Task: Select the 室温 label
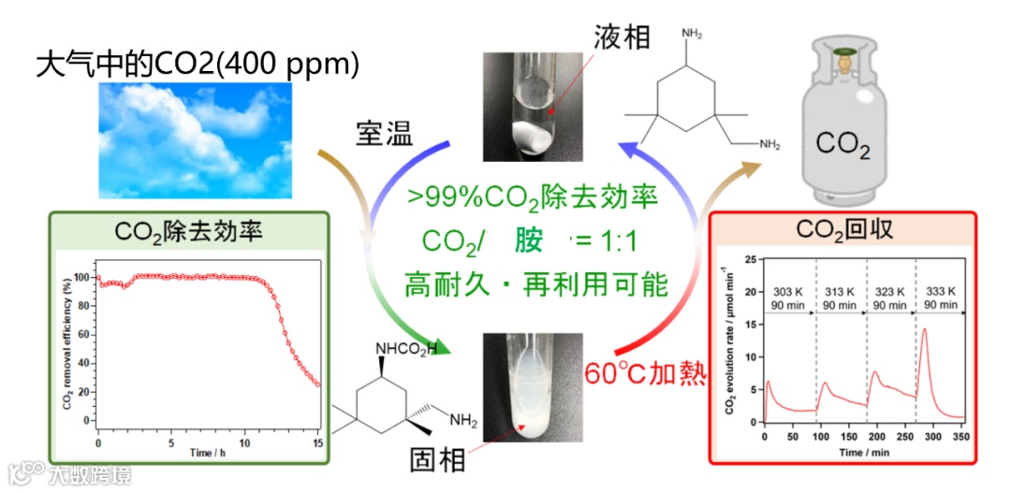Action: point(386,134)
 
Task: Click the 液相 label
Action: point(622,38)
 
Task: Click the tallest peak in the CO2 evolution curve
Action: point(924,329)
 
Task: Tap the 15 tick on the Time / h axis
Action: point(317,442)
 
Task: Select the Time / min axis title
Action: point(863,452)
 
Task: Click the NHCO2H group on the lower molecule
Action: point(405,350)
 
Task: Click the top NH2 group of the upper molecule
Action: point(692,35)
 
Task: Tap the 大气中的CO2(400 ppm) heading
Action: point(198,65)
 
